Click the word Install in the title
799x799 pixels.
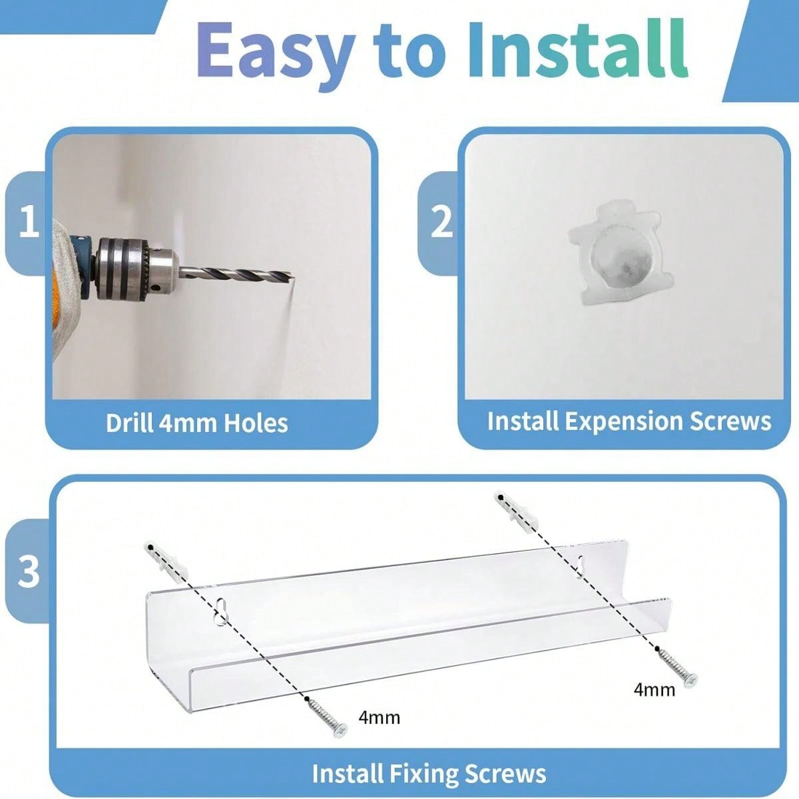coord(577,50)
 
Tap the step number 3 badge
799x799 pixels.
coord(29,571)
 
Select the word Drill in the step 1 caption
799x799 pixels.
coord(131,423)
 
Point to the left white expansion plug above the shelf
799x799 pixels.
coord(154,561)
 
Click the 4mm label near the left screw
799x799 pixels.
coord(379,717)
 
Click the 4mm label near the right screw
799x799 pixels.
coord(654,689)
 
